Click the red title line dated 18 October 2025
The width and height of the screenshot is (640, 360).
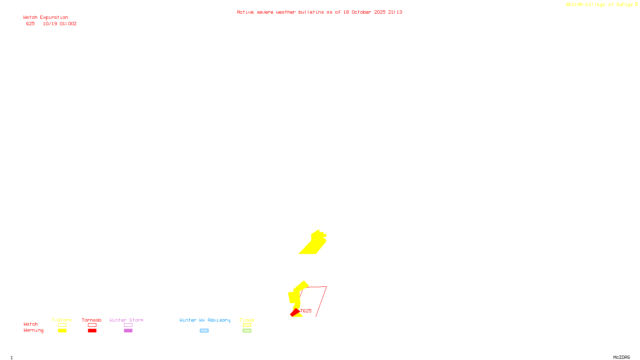pos(319,12)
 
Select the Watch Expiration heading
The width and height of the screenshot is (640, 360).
pos(46,18)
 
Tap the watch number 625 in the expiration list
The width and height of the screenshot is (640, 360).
pos(30,24)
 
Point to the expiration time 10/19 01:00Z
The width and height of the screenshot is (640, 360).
pos(60,24)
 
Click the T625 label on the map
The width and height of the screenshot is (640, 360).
pos(306,311)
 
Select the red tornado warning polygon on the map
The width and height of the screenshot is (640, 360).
pos(295,312)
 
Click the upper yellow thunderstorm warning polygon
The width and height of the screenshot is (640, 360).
pos(315,243)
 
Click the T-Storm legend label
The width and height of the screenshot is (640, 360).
pos(62,320)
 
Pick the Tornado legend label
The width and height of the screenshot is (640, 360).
pos(92,320)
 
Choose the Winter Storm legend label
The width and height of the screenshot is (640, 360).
pos(126,320)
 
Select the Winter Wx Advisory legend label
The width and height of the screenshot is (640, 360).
pos(205,320)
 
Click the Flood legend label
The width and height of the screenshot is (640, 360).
pos(247,320)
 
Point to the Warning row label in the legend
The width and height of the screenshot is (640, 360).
pos(33,330)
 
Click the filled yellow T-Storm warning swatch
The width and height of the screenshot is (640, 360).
pos(62,331)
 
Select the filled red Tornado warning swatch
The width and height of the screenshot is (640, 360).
pos(92,331)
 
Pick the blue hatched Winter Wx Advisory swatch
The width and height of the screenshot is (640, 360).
pos(204,331)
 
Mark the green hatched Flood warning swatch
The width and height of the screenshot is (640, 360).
pos(247,331)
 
